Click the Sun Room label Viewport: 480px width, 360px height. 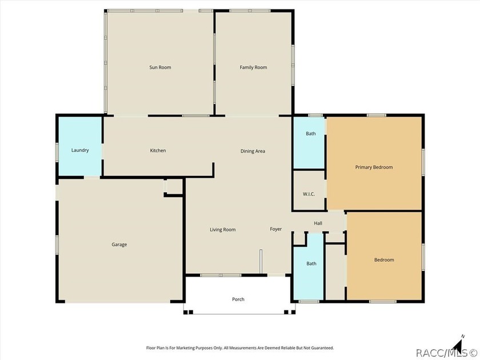[160, 67]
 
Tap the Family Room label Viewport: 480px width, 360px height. [253, 67]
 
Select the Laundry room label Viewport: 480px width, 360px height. [80, 150]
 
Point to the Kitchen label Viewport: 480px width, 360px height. [158, 150]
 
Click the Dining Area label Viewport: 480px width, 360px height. [253, 151]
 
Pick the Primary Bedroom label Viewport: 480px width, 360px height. [374, 167]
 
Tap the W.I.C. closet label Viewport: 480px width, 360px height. [309, 194]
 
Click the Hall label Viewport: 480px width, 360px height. [318, 223]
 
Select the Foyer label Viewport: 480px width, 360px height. [275, 229]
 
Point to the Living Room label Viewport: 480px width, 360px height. [222, 230]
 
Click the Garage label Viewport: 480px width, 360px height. [119, 245]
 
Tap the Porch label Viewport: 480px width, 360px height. [238, 299]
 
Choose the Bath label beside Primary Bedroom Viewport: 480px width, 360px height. [311, 134]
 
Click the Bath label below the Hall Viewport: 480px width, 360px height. [311, 263]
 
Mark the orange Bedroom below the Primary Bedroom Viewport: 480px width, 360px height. [384, 256]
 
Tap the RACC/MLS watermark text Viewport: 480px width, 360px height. [446, 353]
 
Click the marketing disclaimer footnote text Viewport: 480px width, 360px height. [240, 348]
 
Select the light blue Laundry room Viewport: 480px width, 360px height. [80, 147]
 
